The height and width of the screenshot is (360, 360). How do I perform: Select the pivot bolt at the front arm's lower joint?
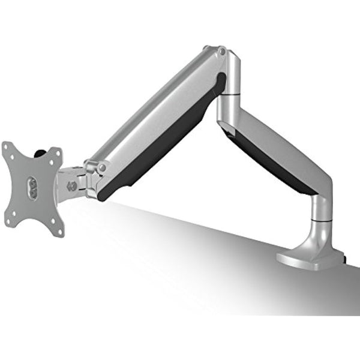click(103, 166)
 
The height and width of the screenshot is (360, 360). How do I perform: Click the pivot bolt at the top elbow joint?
click(223, 52)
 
